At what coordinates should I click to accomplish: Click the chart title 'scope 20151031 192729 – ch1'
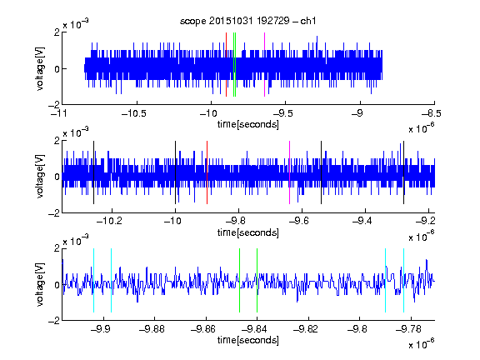[x=248, y=21]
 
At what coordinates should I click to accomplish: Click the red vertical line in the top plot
[x=226, y=65]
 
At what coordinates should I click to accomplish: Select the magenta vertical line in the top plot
[x=264, y=65]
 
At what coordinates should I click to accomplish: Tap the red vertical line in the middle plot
[x=207, y=172]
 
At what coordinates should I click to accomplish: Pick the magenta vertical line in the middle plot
[x=290, y=172]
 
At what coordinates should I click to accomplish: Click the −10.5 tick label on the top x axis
[x=134, y=113]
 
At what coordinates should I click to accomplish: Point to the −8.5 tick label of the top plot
[x=431, y=113]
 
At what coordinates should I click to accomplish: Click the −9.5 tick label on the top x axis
[x=282, y=113]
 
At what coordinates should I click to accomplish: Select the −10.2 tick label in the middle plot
[x=109, y=221]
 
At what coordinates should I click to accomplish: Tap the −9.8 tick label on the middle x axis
[x=236, y=221]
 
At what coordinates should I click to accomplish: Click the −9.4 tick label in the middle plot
[x=362, y=221]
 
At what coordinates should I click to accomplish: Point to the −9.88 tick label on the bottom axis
[x=152, y=329]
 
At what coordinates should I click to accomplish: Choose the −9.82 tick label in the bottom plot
[x=306, y=329]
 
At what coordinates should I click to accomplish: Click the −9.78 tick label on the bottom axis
[x=408, y=329]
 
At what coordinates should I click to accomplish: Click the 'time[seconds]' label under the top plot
[x=248, y=124]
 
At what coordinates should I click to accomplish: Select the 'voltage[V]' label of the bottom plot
[x=40, y=284]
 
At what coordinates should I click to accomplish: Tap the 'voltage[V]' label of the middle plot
[x=40, y=177]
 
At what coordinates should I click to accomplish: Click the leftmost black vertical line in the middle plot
[x=93, y=172]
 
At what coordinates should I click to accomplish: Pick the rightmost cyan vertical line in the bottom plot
[x=403, y=280]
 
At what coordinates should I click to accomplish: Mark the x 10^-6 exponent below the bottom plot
[x=422, y=343]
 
